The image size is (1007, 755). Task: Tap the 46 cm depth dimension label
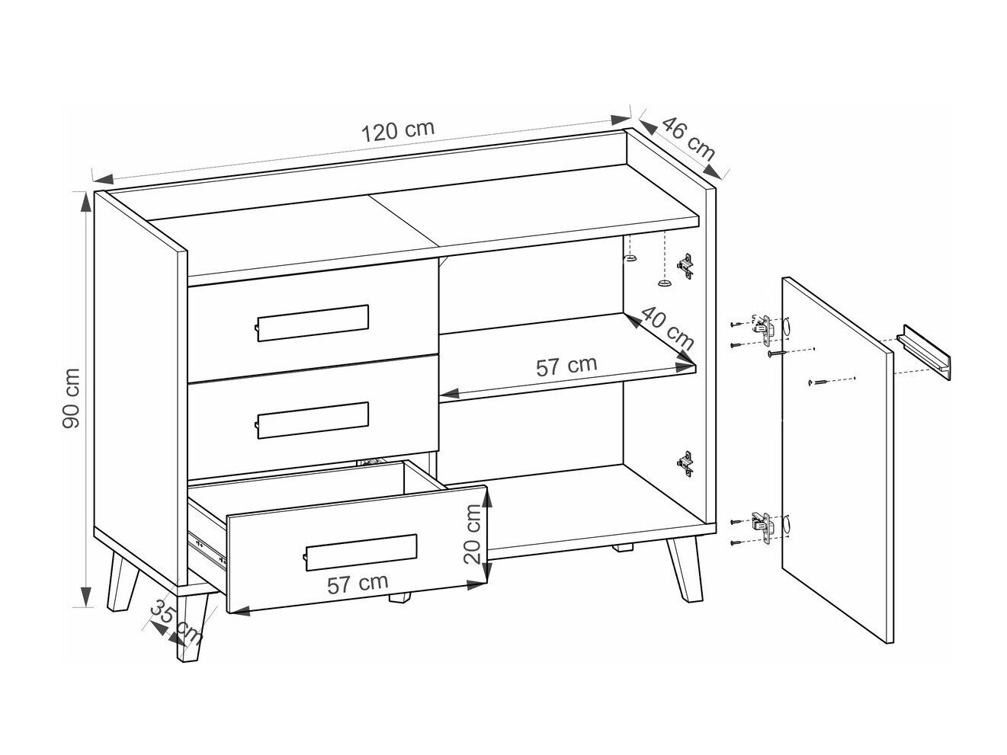point(688,139)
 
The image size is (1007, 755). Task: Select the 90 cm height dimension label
point(71,397)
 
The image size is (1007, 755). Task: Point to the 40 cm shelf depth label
point(667,327)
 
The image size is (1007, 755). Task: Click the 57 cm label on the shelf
point(567,366)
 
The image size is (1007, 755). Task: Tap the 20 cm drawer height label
point(473,533)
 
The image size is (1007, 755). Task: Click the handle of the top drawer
point(313,323)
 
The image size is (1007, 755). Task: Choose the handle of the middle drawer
point(313,421)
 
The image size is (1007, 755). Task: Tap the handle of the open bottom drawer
point(361,552)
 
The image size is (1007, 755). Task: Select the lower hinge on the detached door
point(761,528)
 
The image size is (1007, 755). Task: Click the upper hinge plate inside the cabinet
point(685,267)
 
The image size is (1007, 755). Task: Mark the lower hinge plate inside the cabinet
point(685,465)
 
